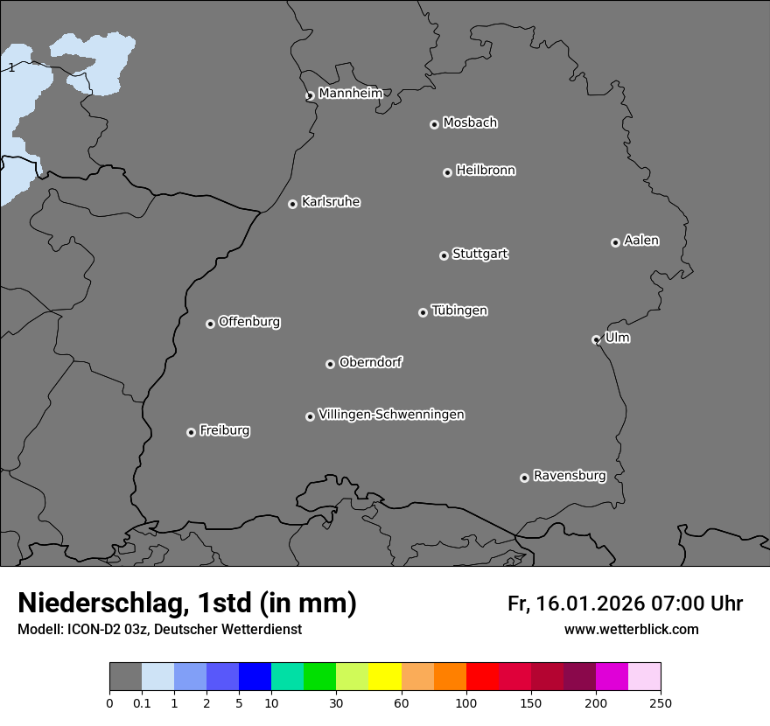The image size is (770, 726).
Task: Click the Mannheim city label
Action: coord(350,94)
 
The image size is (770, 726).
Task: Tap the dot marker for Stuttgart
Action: coord(444,255)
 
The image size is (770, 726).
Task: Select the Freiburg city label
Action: coord(224,430)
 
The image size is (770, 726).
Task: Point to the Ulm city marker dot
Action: coord(596,339)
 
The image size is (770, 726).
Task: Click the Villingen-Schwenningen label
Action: coord(391,415)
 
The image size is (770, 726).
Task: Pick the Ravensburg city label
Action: coord(570,476)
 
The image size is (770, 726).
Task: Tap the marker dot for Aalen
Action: coord(615,242)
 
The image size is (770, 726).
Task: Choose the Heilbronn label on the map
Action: coord(486,171)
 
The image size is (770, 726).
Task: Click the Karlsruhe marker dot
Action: coord(292,204)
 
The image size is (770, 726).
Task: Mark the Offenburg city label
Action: coord(249,322)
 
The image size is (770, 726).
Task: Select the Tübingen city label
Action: coord(459,311)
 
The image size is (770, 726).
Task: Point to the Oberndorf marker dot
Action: coord(330,364)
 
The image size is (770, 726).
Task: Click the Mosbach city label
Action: coord(470,123)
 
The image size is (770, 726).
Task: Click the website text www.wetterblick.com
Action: coord(631,629)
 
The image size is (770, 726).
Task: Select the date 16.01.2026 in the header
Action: coord(588,604)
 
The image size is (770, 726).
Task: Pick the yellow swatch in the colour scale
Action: coord(385,677)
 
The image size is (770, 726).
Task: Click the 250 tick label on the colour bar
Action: coord(661,703)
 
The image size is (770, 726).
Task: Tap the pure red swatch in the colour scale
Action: coord(482,677)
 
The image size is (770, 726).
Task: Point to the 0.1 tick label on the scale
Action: coord(142,703)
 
